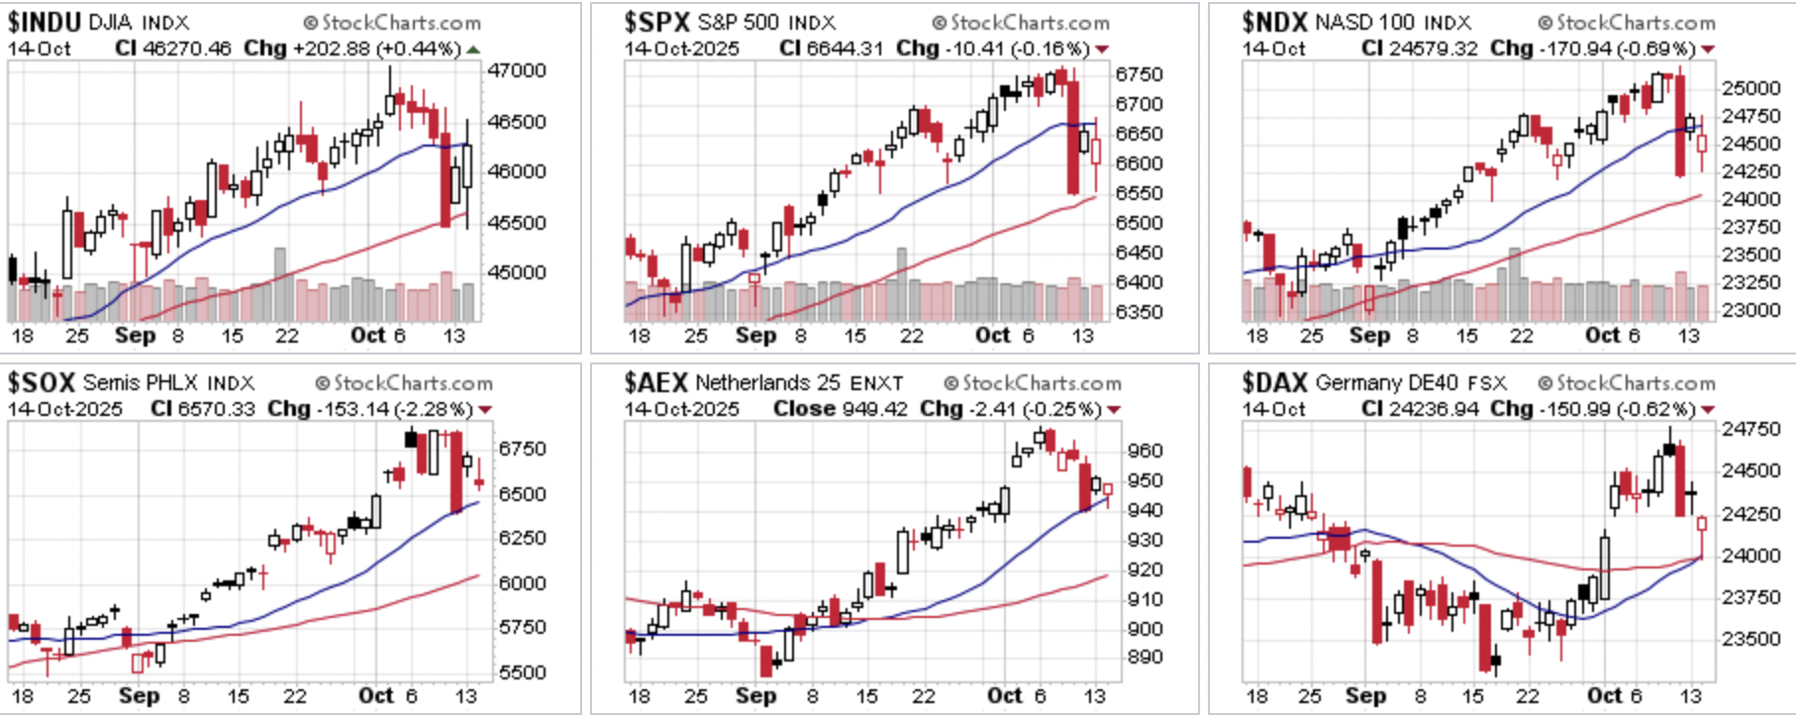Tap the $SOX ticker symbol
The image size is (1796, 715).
point(42,382)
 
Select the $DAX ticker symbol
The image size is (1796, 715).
point(1276,382)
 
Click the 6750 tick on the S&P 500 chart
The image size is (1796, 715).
point(1139,74)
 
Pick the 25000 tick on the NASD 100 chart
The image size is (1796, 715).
point(1751,88)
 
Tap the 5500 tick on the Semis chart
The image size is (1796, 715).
point(522,672)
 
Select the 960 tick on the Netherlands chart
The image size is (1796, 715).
point(1145,451)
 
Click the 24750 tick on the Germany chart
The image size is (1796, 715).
point(1751,429)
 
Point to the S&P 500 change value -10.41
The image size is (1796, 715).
point(974,49)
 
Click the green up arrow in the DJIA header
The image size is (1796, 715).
point(473,50)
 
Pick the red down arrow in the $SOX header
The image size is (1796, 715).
point(485,410)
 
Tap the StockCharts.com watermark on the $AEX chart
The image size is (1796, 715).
point(1033,383)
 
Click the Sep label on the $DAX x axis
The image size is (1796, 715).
point(1365,695)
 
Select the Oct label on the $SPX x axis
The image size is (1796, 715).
point(993,336)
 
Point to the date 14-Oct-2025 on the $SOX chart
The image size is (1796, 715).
point(65,409)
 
